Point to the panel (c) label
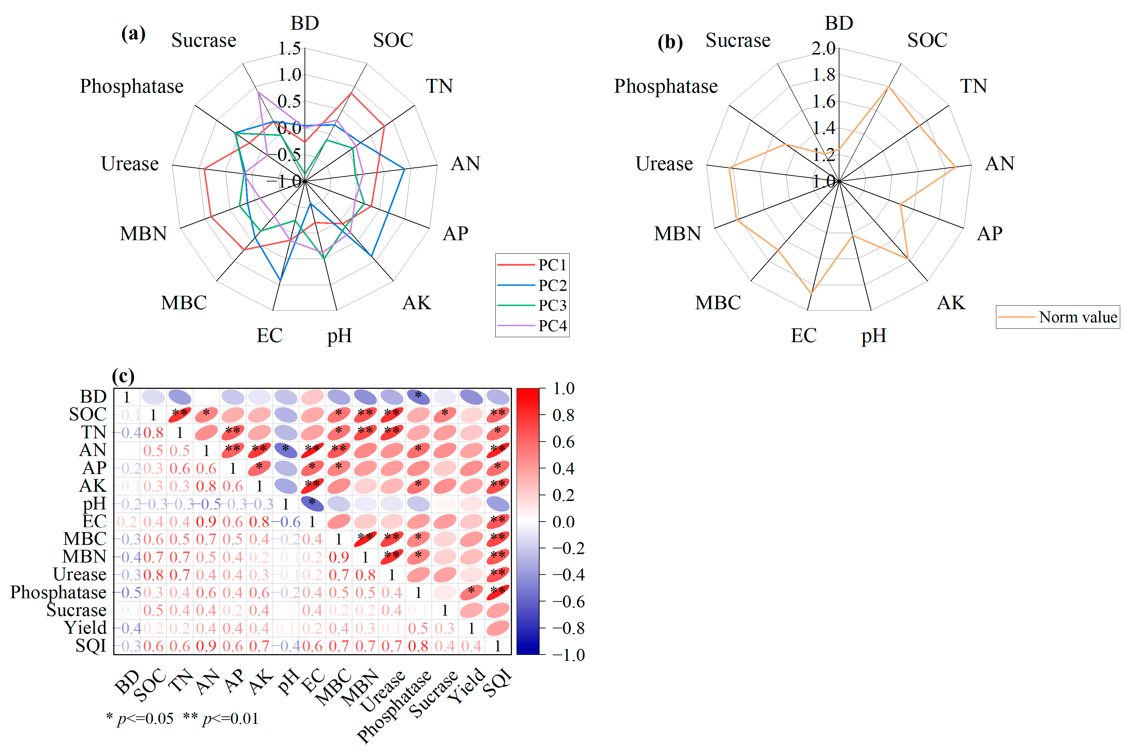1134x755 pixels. point(123,376)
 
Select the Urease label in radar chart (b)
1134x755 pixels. point(664,164)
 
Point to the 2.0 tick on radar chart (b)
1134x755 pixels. point(823,48)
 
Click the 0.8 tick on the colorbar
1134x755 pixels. point(563,415)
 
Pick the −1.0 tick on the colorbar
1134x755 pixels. point(569,655)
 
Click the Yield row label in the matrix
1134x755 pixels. point(85,628)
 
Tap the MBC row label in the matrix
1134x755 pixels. point(85,539)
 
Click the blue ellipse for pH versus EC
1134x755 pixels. point(312,504)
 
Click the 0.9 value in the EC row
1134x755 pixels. point(206,522)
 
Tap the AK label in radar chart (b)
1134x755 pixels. point(951,303)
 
